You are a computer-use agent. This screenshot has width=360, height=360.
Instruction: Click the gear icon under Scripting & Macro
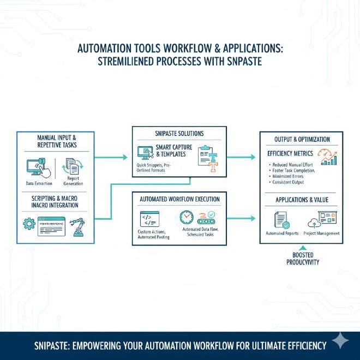pyautogui.click(x=28, y=224)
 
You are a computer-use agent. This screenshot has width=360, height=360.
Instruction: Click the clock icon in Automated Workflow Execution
pyautogui.click(x=187, y=217)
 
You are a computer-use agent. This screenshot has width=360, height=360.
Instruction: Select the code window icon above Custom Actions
pyautogui.click(x=149, y=219)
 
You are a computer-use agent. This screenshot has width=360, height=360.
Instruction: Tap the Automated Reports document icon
pyautogui.click(x=282, y=220)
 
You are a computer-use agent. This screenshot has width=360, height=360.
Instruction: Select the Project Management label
pyautogui.click(x=322, y=233)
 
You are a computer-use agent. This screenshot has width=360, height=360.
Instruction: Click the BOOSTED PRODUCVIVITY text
pyautogui.click(x=302, y=259)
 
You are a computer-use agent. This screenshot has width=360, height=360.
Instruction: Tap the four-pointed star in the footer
pyautogui.click(x=340, y=341)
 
